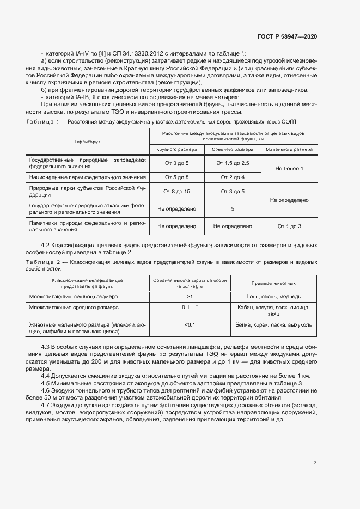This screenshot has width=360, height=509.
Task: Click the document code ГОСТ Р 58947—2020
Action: [287, 36]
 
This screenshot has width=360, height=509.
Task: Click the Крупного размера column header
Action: [176, 149]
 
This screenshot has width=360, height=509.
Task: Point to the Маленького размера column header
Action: [289, 149]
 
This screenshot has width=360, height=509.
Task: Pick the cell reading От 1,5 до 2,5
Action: [233, 163]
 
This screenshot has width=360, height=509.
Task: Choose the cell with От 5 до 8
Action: [176, 177]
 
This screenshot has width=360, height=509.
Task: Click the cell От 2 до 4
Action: [233, 177]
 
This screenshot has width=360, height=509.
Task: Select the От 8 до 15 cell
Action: [176, 191]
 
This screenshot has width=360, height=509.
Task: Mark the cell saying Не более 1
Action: [289, 169]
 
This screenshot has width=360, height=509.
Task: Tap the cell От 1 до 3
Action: [289, 226]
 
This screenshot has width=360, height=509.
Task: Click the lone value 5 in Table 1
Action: [233, 208]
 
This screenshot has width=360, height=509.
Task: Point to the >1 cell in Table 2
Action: [190, 296]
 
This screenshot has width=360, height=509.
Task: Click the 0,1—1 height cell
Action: [190, 308]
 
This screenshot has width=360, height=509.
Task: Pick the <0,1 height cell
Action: [190, 324]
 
